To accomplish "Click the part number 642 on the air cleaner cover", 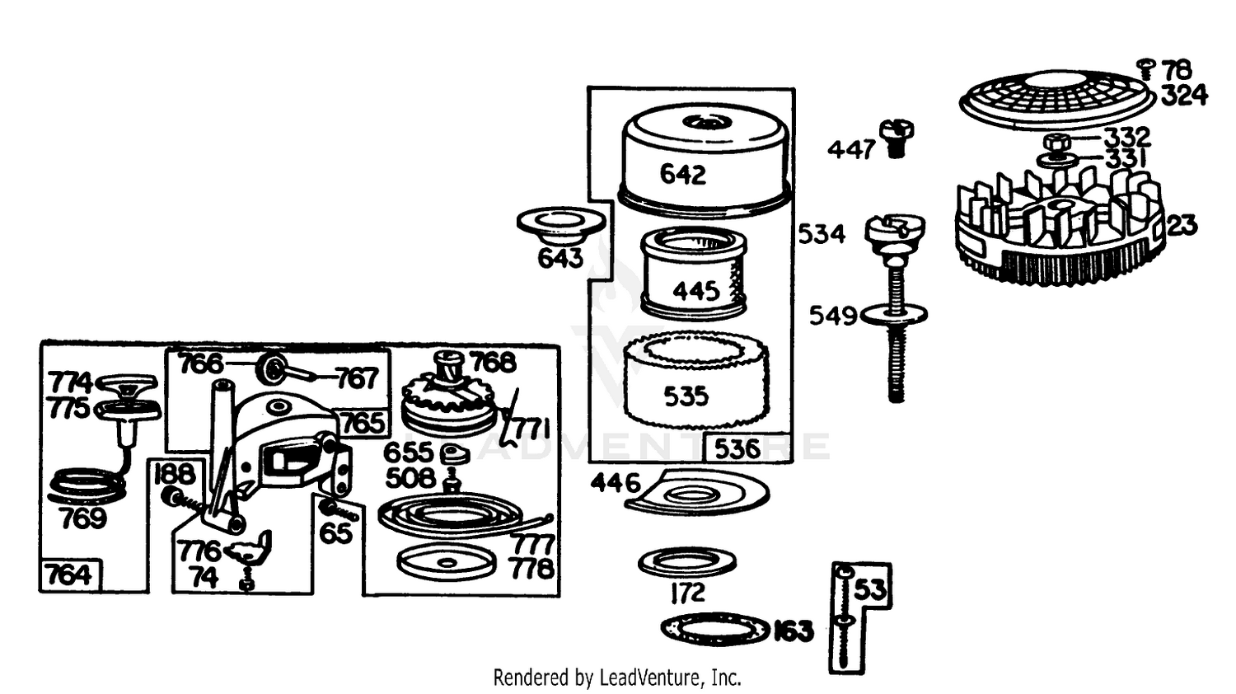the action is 683,175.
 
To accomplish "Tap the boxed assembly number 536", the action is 737,449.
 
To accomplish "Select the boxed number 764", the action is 69,575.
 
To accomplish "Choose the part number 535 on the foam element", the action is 686,396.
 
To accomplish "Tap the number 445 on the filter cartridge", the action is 696,291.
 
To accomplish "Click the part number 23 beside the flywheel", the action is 1182,226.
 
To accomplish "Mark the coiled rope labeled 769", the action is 86,487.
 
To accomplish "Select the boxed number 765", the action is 363,424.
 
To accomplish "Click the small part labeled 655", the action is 455,454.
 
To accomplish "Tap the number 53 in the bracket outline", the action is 870,590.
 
